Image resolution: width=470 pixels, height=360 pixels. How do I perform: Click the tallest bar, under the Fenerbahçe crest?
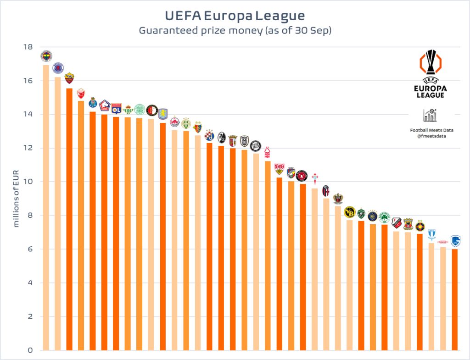point(46,206)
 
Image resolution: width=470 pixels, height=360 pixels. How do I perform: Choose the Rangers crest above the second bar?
point(58,68)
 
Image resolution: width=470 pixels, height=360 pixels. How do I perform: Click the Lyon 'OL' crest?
point(116,108)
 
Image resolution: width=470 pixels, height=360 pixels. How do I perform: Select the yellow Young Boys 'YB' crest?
point(349,211)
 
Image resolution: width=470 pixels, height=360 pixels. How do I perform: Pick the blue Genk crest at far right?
point(455,241)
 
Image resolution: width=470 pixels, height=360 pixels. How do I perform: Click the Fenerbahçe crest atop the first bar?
point(46,56)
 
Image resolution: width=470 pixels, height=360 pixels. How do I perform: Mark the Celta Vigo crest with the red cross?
point(314,179)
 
